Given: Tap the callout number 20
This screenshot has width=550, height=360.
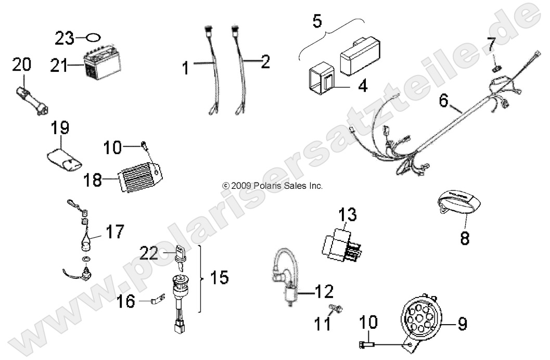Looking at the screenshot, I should [x=22, y=65].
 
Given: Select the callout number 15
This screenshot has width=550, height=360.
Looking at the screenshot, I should [x=220, y=277].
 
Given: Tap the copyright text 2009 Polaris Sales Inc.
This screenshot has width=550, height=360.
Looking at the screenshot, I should [x=273, y=185].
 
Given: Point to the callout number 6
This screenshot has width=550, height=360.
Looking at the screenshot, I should [x=443, y=101].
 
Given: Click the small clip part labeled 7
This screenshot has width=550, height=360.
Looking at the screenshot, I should [x=496, y=67].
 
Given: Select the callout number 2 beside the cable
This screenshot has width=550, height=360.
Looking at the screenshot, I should [x=265, y=62].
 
